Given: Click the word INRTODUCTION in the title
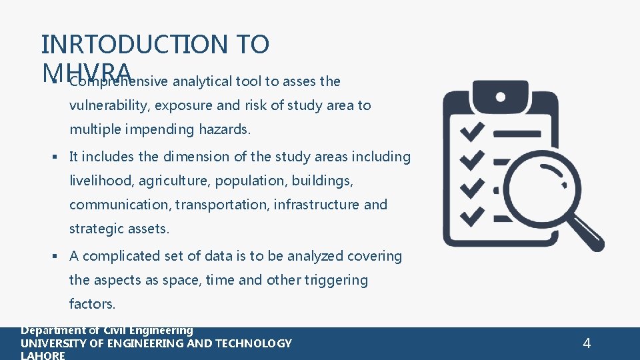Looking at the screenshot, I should coord(133,44).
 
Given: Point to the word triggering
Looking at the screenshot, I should coord(336,280).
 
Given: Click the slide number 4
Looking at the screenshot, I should coord(587,343).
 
